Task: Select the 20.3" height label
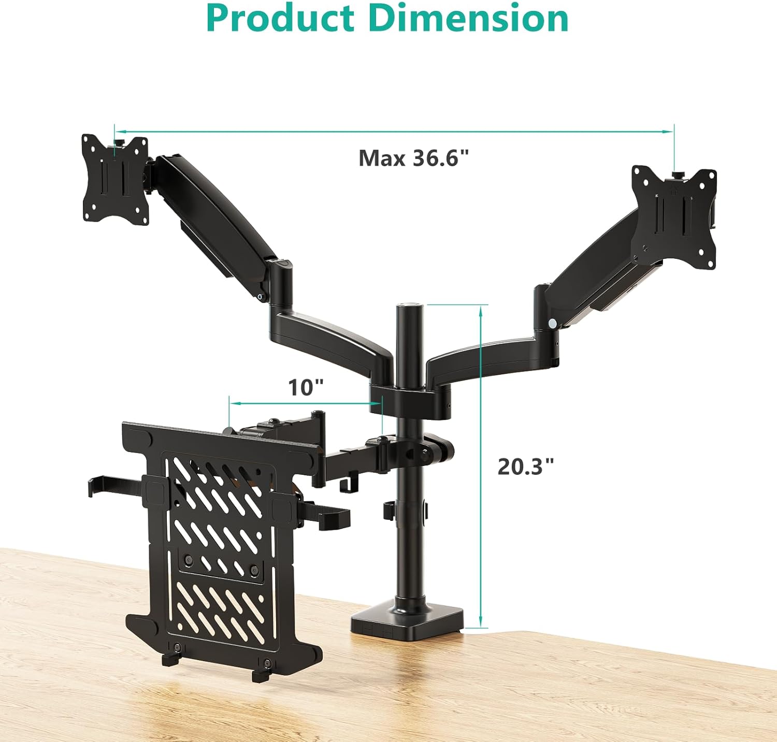525,467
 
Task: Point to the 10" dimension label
306,387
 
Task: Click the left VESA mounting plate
115,180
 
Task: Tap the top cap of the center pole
410,307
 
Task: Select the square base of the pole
407,619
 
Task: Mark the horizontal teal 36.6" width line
394,132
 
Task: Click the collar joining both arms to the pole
409,399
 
